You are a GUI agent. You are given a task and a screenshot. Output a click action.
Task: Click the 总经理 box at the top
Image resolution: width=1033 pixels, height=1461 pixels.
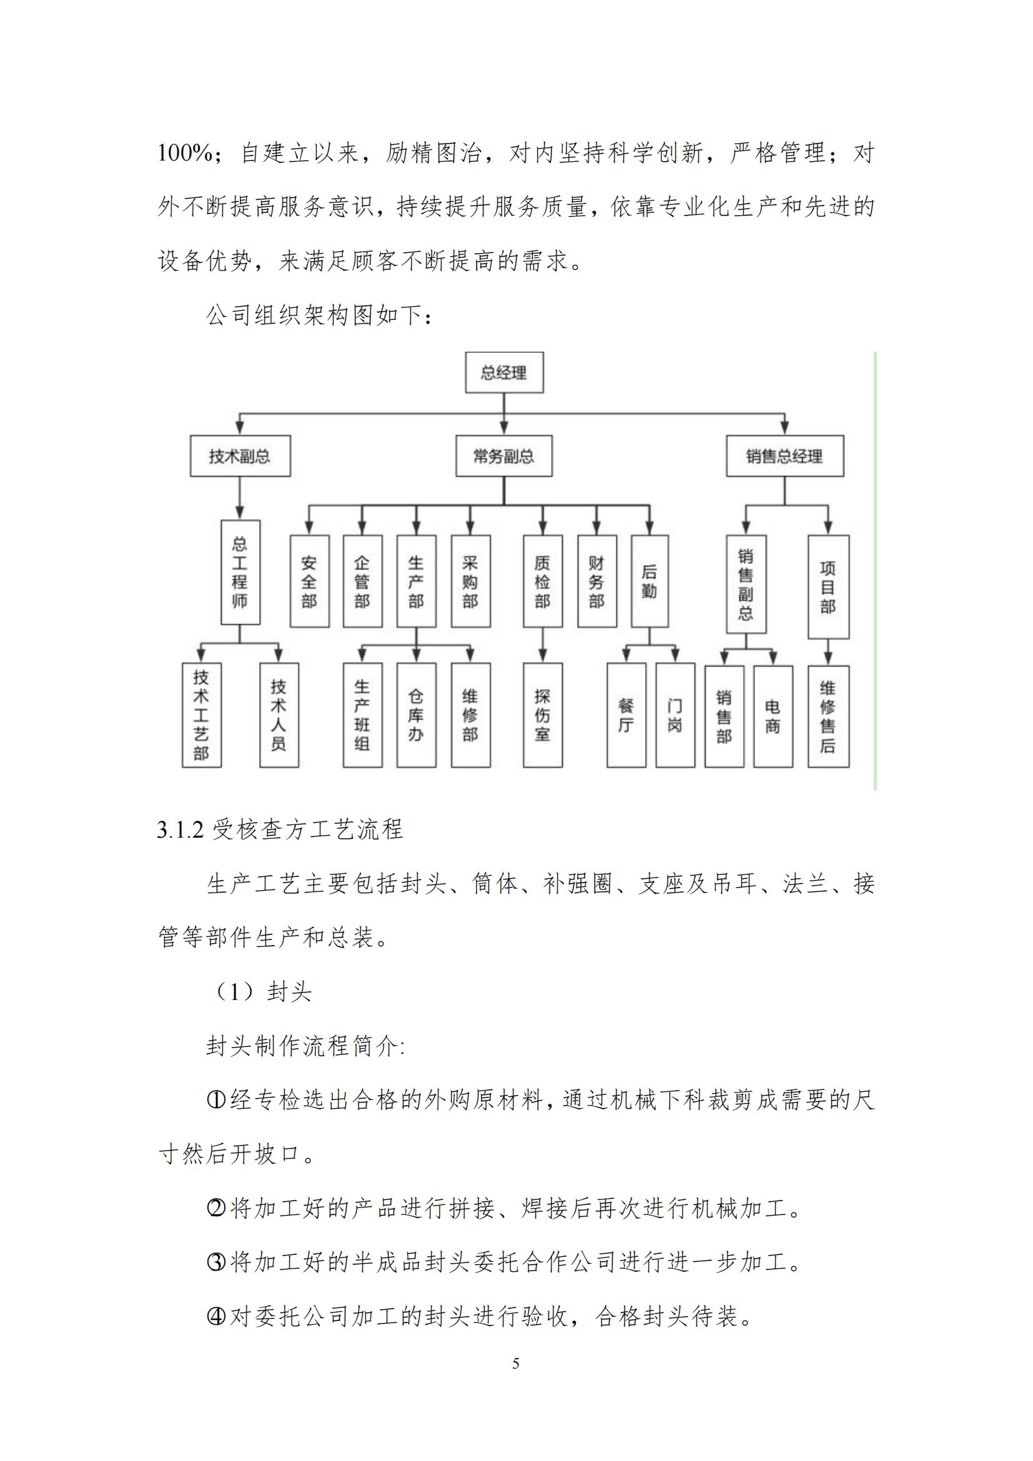coord(504,372)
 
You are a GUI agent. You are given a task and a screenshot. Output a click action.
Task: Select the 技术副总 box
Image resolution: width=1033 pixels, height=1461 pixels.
coord(240,455)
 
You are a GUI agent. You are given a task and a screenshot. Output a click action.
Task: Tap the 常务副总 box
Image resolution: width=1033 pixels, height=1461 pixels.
coord(504,455)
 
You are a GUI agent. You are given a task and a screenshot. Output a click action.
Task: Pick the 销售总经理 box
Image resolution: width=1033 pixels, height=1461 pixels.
coord(784,455)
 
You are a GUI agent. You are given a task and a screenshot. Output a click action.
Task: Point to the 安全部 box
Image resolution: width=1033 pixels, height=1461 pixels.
coord(309,581)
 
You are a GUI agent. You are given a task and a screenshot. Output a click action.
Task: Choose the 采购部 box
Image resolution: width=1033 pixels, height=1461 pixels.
coord(470,581)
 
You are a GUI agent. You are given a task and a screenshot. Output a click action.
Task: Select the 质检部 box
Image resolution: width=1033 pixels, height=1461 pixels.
coord(542,581)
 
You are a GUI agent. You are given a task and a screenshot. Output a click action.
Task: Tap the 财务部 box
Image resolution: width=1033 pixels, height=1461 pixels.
coord(596,581)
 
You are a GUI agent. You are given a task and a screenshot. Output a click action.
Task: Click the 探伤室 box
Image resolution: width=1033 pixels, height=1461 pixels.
coord(542,715)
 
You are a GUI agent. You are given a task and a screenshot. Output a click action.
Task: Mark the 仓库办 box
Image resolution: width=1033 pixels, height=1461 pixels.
coord(416,715)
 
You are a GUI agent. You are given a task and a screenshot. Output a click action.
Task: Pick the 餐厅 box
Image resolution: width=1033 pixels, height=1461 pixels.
coord(626,715)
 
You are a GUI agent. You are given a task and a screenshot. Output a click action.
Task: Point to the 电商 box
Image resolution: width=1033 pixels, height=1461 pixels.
coord(773,716)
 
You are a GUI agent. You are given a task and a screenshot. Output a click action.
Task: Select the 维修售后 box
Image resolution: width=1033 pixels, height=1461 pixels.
coord(828,716)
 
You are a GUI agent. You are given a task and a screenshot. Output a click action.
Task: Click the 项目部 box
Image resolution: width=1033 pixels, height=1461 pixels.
coord(828,586)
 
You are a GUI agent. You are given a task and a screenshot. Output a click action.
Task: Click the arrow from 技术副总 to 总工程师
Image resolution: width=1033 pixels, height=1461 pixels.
coord(240,498)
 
